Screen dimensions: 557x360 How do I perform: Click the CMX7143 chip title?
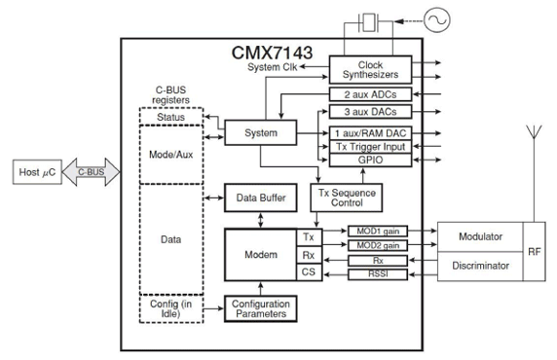272,53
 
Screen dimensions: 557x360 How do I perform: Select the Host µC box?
37,172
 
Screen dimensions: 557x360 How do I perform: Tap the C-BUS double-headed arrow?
91,172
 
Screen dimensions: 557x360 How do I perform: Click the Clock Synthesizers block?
370,70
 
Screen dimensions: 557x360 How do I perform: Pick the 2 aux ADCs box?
370,94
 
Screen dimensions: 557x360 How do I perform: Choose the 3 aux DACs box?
370,112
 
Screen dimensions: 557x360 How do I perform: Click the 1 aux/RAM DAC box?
370,133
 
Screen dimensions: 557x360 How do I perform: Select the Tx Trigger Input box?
370,147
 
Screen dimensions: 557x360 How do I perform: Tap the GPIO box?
370,160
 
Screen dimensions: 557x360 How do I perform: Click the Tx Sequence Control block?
347,198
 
